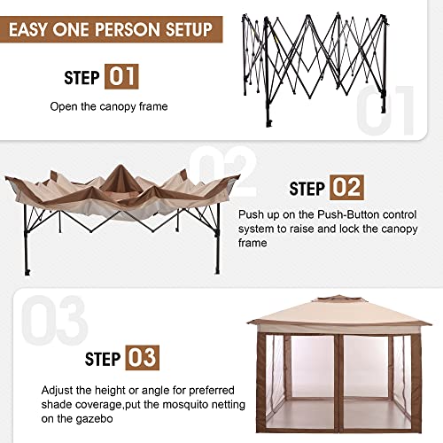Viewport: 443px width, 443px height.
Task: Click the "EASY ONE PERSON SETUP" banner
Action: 110,29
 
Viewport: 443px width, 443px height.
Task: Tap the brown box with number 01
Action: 121,76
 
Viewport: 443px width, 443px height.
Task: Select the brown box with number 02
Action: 347,188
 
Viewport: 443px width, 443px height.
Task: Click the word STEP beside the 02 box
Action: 307,189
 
